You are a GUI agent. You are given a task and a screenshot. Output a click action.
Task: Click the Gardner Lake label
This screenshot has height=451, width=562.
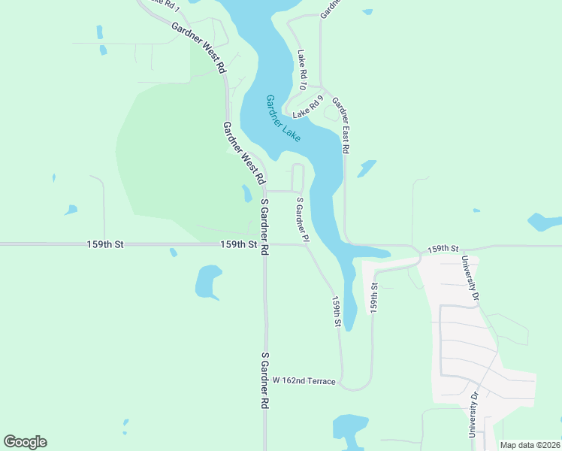pyautogui.click(x=283, y=119)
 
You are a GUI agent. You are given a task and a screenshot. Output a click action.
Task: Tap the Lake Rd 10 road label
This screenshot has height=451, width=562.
pyautogui.click(x=302, y=69)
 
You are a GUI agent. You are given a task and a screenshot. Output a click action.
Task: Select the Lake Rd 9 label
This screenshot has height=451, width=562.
pyautogui.click(x=308, y=107)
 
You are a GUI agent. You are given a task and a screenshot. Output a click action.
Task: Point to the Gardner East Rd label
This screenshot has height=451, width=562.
pyautogui.click(x=341, y=126)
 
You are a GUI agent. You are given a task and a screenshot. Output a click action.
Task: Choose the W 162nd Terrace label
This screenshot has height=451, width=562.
pyautogui.click(x=304, y=381)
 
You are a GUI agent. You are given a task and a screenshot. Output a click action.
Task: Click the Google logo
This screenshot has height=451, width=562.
pyautogui.click(x=25, y=442)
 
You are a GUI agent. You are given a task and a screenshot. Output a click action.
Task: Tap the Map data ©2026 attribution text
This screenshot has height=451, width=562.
pyautogui.click(x=530, y=445)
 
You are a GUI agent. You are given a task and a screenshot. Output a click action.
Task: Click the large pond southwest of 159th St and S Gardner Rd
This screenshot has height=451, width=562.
pyautogui.click(x=207, y=282)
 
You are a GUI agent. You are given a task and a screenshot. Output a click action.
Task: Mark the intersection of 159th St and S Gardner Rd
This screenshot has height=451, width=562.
pyautogui.click(x=264, y=244)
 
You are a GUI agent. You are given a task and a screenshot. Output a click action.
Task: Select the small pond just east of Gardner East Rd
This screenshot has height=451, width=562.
pyautogui.click(x=367, y=168)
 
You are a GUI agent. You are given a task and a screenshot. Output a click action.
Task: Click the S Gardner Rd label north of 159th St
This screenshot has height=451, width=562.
pyautogui.click(x=264, y=228)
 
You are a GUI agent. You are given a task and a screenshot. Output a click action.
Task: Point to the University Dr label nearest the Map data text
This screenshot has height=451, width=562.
pyautogui.click(x=473, y=413)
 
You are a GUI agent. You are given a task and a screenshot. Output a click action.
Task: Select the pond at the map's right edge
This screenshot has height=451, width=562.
pyautogui.click(x=544, y=222)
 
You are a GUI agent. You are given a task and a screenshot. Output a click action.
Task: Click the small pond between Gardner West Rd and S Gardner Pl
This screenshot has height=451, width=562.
pyautogui.click(x=246, y=193)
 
